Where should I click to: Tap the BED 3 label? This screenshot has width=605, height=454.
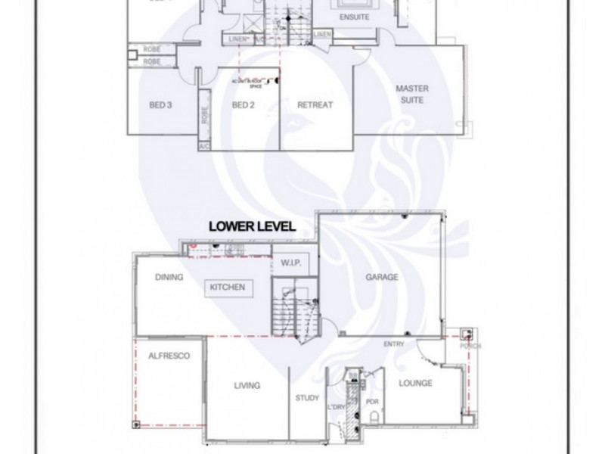162,105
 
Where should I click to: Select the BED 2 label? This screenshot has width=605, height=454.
243,105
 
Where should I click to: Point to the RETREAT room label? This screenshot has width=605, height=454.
315,105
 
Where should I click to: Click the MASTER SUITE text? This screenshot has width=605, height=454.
413,94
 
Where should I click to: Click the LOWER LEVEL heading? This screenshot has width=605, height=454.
253,226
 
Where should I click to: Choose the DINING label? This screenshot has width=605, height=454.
169,277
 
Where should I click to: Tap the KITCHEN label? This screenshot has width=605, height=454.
228,288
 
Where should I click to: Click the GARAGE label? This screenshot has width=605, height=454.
382,278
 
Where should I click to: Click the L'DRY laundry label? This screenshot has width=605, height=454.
336,409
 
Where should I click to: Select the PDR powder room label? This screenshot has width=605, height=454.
371,403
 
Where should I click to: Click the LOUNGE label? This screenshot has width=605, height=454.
415,384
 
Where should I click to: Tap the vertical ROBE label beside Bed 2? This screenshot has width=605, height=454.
204,114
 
